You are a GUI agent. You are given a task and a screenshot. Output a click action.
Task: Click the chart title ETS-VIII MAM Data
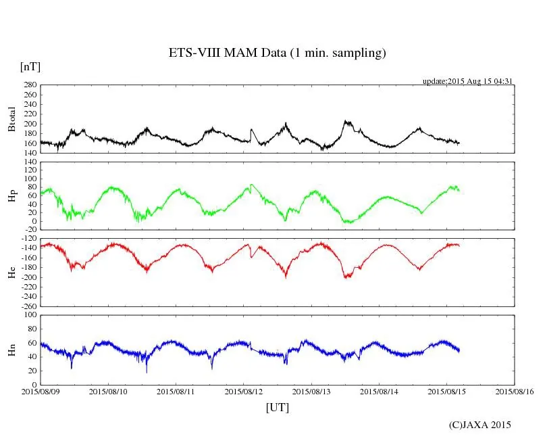coord(277,53)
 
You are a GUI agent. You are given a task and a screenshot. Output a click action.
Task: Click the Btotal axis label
coord(11,119)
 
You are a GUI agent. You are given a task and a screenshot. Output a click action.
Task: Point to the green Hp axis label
coord(11,196)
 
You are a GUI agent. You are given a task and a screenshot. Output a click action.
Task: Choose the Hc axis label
coord(11,273)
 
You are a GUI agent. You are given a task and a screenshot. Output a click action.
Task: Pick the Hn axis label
coord(11,350)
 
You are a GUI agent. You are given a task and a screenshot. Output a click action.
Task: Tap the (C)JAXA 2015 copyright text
coord(480,425)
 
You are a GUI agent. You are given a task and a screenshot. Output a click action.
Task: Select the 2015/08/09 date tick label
coord(41,392)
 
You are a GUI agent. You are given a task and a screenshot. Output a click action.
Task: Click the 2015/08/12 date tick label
coord(244,392)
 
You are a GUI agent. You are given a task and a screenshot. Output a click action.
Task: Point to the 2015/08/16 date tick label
coord(515,392)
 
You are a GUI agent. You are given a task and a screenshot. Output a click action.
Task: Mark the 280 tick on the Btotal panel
coord(29,85)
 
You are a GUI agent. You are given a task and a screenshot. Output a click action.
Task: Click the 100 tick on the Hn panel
coord(29,315)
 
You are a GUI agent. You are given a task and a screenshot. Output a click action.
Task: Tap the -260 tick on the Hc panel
coord(27,306)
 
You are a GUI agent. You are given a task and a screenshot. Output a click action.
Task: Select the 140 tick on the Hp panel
coord(29,162)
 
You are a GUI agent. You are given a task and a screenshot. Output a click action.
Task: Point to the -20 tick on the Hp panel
coord(29,230)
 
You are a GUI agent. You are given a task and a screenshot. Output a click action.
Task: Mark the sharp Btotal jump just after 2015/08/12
coord(251,130)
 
